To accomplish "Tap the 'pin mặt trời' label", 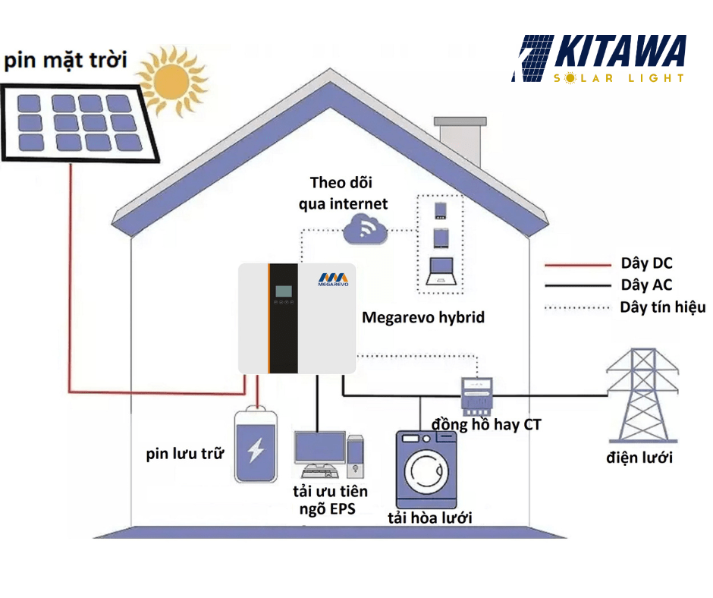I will (66, 59).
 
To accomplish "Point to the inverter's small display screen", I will (284, 291).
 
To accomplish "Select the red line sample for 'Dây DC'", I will (578, 265).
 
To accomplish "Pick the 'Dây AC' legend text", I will (646, 285).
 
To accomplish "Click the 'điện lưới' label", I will (639, 458).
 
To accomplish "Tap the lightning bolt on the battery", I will (256, 451).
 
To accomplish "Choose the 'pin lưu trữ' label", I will (186, 455).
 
